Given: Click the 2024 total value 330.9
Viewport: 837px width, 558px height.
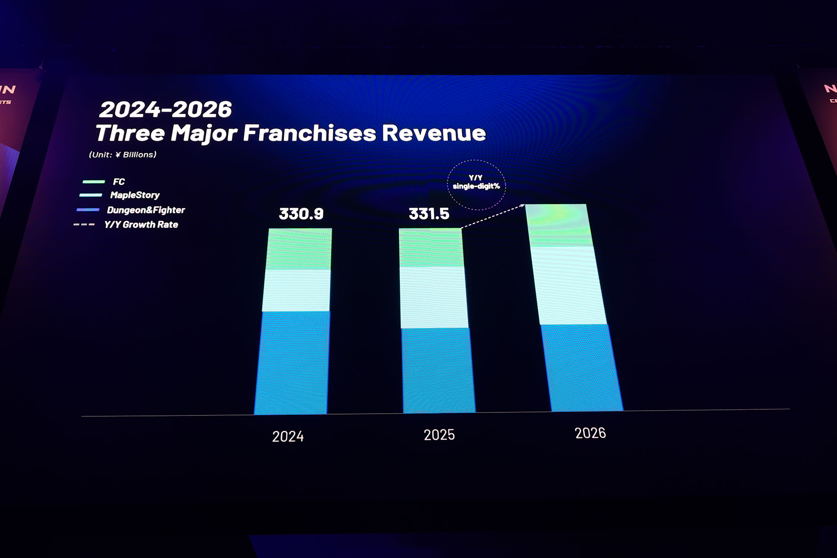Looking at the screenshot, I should [x=301, y=214].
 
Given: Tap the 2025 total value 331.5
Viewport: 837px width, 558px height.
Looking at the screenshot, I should [x=429, y=214].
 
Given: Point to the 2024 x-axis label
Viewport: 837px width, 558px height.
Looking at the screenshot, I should [x=288, y=436].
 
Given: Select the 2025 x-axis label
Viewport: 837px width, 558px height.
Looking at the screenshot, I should [x=439, y=435].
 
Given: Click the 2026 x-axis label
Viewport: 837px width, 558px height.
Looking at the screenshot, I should [x=590, y=433].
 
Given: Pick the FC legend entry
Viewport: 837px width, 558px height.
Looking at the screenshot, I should [x=118, y=182].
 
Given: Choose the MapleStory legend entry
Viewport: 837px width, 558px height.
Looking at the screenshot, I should [x=134, y=195].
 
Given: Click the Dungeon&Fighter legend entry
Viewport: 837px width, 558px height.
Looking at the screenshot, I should [x=146, y=210].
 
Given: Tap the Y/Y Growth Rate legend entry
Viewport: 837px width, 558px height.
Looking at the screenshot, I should [x=141, y=225].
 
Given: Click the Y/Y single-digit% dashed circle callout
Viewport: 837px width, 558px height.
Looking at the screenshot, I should [x=476, y=184].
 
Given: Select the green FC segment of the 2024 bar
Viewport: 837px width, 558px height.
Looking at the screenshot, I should [x=299, y=249].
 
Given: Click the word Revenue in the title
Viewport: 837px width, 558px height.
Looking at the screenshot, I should [x=434, y=133].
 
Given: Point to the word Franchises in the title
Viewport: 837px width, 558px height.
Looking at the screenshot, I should [x=309, y=133].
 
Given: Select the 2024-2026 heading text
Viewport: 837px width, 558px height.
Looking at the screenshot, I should [x=165, y=109].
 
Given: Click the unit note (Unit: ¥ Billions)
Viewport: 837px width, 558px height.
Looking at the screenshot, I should [x=122, y=155].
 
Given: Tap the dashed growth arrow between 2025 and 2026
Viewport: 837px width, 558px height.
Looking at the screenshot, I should [x=493, y=216].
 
